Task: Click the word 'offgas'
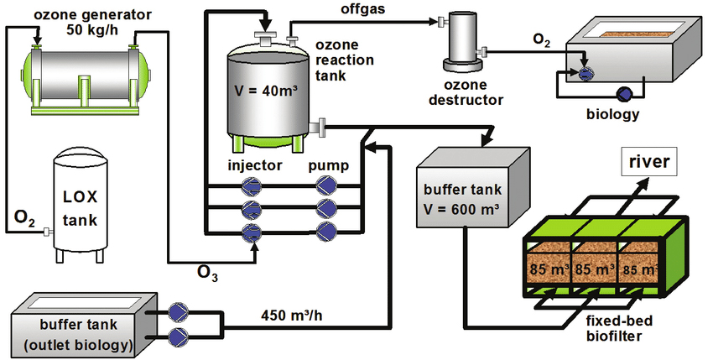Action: (363, 10)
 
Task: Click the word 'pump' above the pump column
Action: (328, 164)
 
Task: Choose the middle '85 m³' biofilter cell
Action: (593, 271)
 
